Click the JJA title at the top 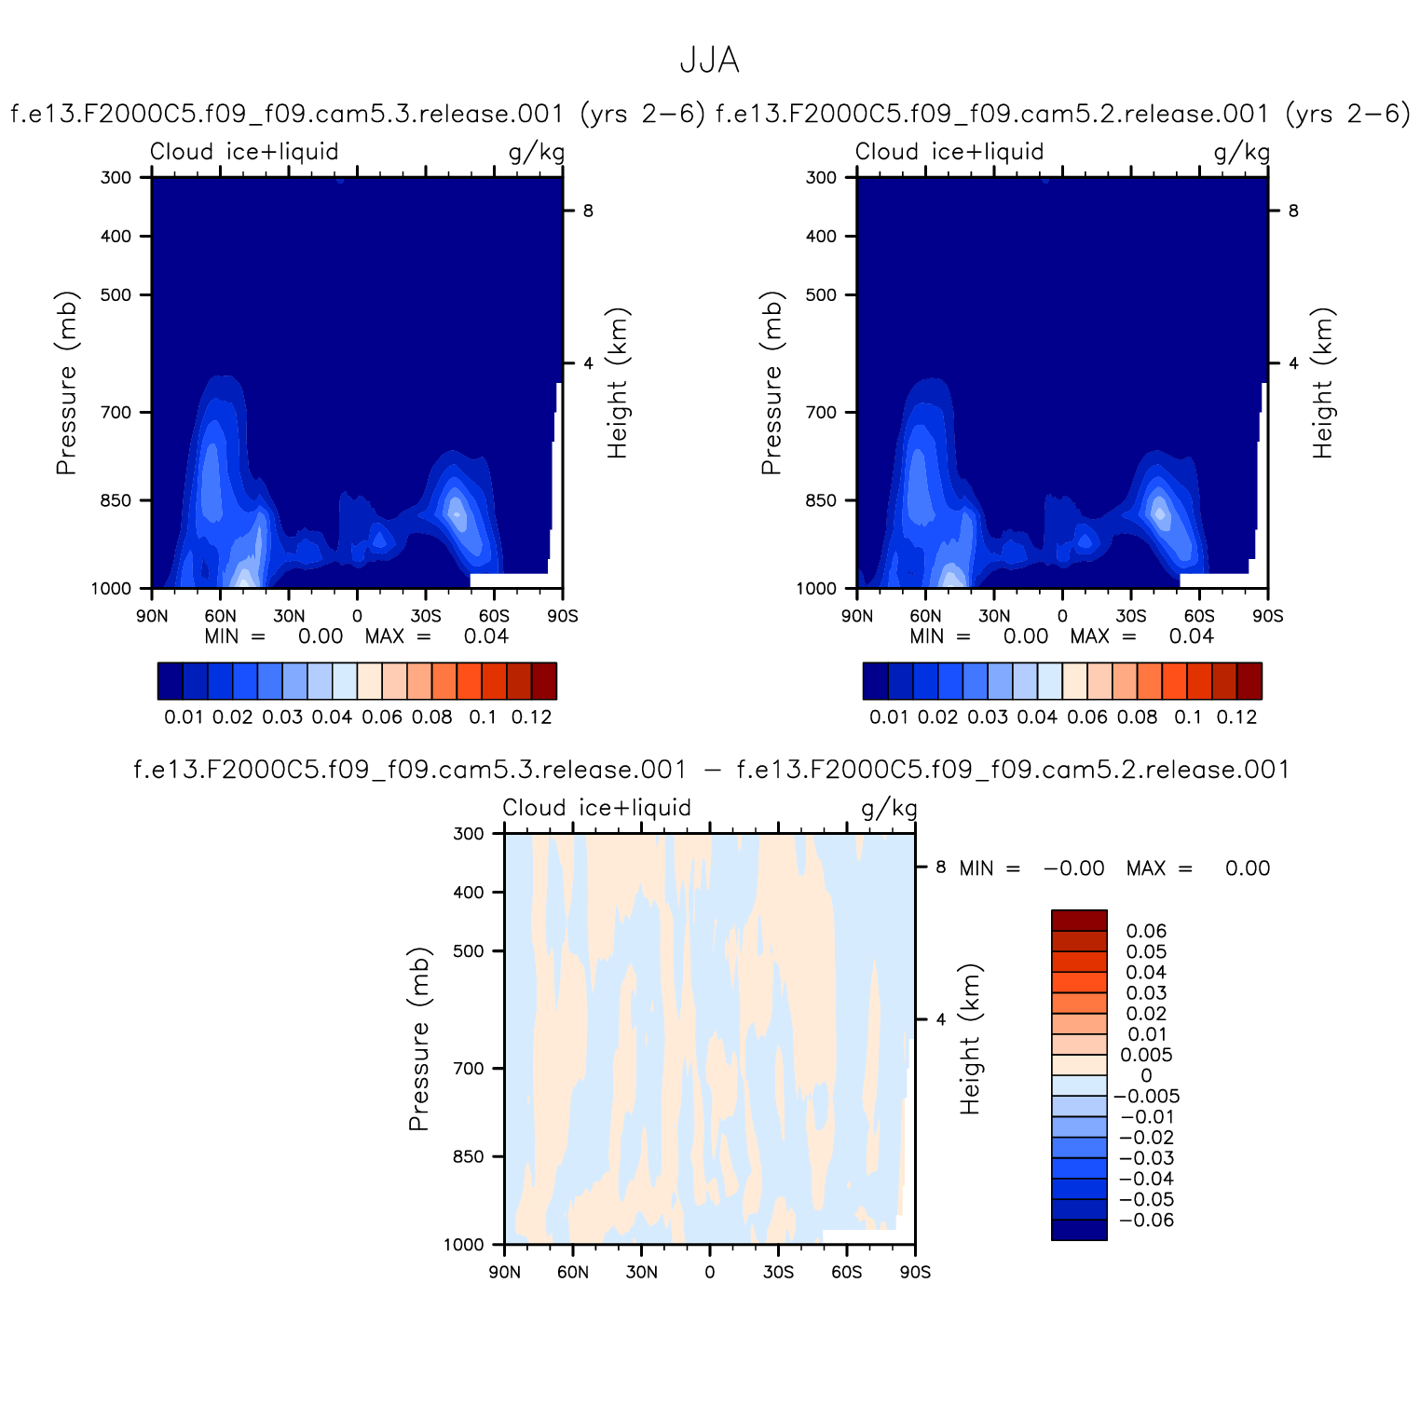[709, 61]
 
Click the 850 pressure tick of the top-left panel [116, 500]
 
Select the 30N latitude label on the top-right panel [994, 616]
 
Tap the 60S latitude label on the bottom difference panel [846, 1272]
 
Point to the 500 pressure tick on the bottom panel [470, 951]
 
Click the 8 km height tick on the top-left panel [588, 211]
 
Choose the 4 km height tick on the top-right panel [1293, 363]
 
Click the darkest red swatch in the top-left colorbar [544, 680]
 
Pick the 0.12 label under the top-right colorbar [1236, 717]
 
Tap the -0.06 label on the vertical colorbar [1147, 1221]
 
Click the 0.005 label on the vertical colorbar [1145, 1055]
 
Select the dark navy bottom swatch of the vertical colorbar [1079, 1230]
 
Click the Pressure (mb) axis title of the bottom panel [419, 1039]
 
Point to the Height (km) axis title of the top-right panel [1323, 383]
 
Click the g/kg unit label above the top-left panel [537, 152]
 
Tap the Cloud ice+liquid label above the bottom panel [597, 808]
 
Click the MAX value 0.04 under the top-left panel [486, 636]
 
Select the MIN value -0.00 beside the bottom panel [1074, 868]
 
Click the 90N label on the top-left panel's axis [152, 616]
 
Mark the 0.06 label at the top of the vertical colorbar [1146, 931]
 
